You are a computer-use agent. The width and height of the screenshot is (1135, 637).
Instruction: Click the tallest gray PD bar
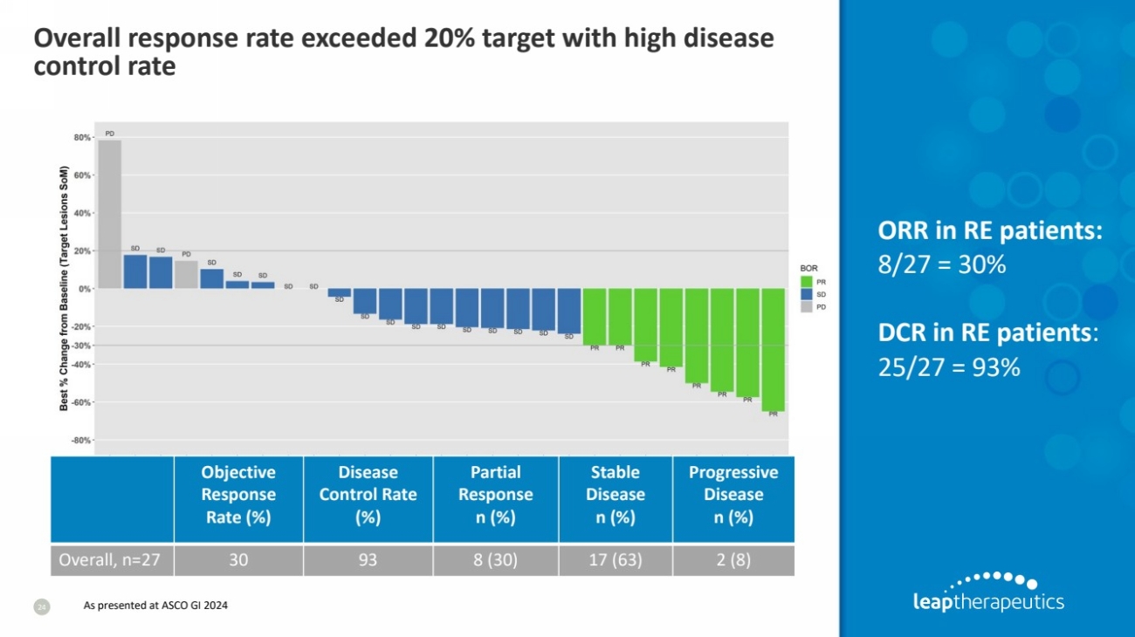point(109,214)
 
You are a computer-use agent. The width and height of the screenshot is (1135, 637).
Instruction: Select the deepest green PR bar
point(773,349)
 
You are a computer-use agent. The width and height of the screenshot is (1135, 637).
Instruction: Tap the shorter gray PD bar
point(186,274)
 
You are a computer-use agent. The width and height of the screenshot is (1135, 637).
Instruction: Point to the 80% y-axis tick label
point(82,138)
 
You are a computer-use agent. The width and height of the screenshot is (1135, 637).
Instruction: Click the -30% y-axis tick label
point(81,346)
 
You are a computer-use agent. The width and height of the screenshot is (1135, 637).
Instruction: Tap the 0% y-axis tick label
point(85,289)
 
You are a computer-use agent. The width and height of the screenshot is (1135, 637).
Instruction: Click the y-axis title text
point(64,289)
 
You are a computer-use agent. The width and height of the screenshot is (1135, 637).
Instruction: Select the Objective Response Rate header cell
point(238,494)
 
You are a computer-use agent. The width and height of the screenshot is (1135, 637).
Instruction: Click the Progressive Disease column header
point(733,494)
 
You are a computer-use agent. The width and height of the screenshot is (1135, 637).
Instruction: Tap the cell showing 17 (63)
point(615,560)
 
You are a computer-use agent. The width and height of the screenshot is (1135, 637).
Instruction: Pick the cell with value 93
point(368,560)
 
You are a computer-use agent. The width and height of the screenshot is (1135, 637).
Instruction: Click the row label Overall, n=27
point(109,560)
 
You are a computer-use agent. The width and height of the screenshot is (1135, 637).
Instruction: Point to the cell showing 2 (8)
point(733,560)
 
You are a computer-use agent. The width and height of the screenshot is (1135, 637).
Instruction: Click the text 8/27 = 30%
point(941,264)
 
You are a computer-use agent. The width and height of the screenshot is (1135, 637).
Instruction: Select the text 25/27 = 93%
point(948,367)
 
